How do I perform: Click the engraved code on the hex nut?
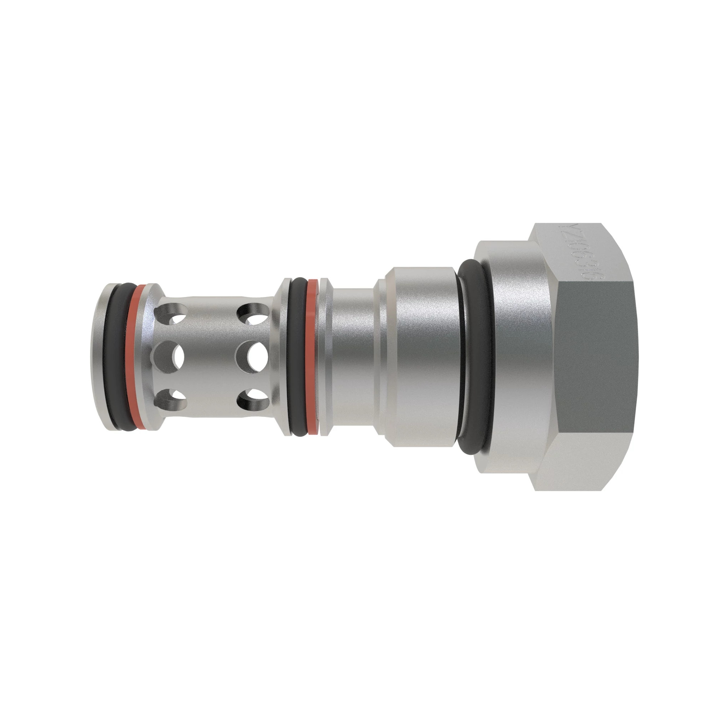[x=577, y=255]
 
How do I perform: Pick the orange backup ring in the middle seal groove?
[x=313, y=357]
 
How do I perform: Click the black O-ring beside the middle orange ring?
[x=297, y=357]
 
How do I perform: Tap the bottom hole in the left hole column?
[x=171, y=401]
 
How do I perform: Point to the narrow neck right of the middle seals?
[x=353, y=357]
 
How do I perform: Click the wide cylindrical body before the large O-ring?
[x=421, y=357]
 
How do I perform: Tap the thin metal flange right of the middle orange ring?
[x=325, y=357]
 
